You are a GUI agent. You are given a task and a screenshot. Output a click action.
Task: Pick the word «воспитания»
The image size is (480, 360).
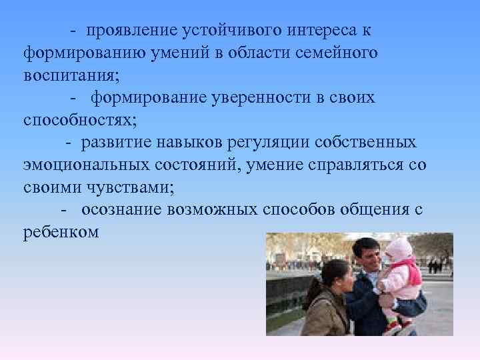[x=69, y=75]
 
